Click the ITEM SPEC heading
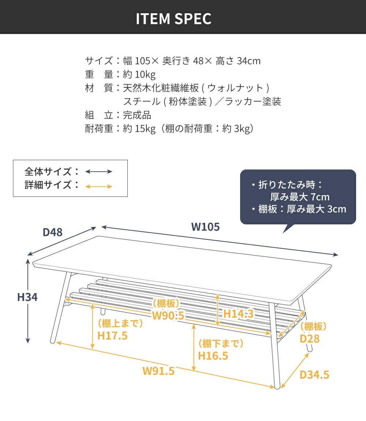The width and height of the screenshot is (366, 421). pos(173,19)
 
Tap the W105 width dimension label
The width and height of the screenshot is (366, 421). pos(205,227)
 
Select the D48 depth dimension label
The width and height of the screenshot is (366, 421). pos(53,232)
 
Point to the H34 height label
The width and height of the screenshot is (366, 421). pos(27,297)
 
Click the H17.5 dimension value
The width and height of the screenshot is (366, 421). pos(112,336)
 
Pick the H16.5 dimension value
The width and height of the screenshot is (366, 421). pos(213,356)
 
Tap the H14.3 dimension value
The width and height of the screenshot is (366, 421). pos(239,314)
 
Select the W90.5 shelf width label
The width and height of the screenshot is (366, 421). pos(168,316)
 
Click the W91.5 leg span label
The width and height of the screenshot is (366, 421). pos(158,371)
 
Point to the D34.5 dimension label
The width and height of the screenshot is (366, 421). pos(314,375)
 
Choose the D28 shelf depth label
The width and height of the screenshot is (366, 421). pos(310,339)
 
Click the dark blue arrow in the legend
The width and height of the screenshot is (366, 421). pos(98,172)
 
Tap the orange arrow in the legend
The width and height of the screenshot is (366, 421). pos(98,186)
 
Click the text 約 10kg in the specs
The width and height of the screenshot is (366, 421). pos(139,74)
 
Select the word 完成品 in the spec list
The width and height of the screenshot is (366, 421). pos(137,115)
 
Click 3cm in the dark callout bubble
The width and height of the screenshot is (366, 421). pos(337,209)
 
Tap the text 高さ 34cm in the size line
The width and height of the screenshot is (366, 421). pos(238,61)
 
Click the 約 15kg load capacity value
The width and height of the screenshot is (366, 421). pos(139,129)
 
